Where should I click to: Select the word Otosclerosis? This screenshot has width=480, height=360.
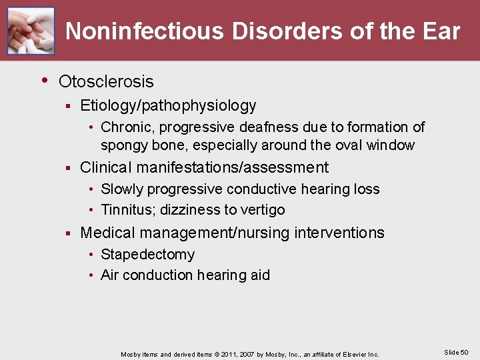coord(106,82)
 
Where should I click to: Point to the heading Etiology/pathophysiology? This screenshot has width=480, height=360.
coord(168,105)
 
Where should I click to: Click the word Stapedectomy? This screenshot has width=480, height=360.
coord(147,255)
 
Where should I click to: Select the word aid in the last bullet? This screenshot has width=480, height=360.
coord(259,275)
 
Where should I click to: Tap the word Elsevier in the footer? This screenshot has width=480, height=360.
coord(350,354)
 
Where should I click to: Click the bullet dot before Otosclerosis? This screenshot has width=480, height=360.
coord(45,81)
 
